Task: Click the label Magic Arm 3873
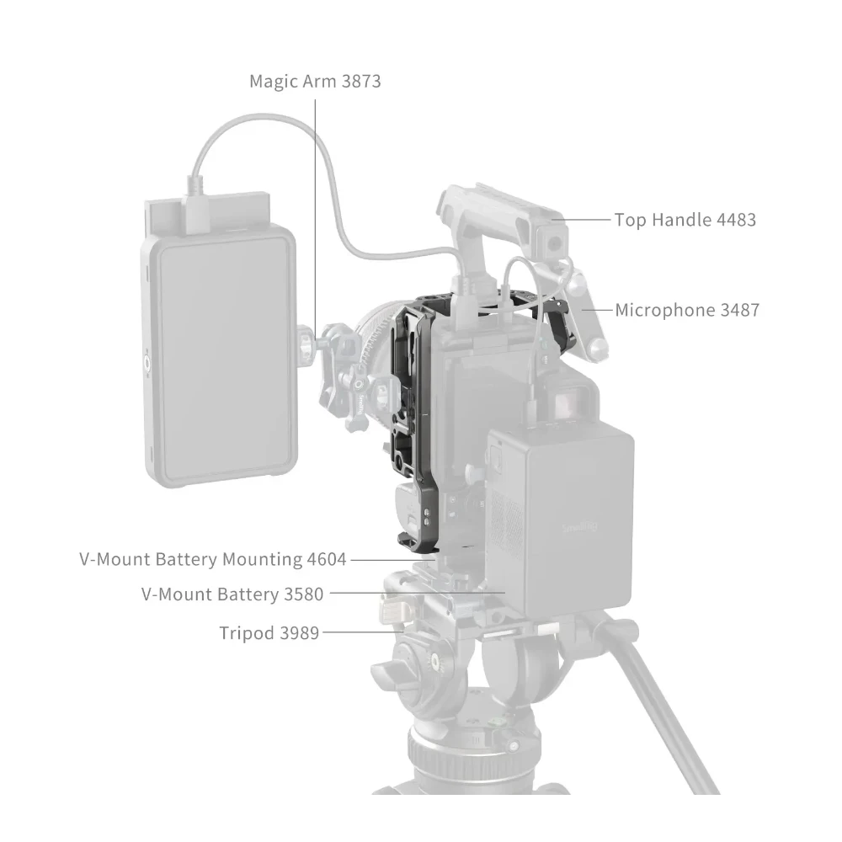point(315,82)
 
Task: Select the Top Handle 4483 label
point(685,220)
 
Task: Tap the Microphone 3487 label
point(686,310)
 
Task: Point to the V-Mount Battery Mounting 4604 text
point(212,558)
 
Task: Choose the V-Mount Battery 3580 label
point(232,594)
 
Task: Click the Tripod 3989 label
point(269,632)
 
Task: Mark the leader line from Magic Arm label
point(316,210)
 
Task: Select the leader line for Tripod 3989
point(354,631)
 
